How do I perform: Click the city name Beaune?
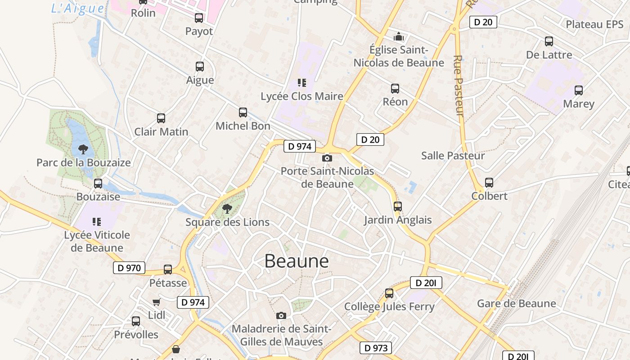point(296,261)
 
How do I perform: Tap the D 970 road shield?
point(129,268)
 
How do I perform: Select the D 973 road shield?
point(375,348)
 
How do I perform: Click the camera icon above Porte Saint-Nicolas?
point(327,158)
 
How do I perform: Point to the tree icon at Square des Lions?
point(227,208)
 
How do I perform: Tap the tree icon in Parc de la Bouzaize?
point(83,149)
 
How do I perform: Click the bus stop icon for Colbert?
point(489,183)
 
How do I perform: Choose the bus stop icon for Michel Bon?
point(243,112)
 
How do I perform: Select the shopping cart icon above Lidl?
point(156,302)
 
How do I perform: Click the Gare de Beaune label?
point(516,303)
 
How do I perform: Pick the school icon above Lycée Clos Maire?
point(301,82)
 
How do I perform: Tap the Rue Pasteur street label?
point(459,85)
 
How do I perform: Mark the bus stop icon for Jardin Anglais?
point(397,207)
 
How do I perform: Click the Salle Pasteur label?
point(453,156)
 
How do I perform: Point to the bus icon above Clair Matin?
point(161,118)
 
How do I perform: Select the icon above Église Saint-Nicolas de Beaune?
point(399,36)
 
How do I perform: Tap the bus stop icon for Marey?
point(579,90)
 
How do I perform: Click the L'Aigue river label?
point(77,8)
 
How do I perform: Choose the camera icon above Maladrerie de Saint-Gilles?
point(281,315)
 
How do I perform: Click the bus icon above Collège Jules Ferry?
point(389,293)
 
